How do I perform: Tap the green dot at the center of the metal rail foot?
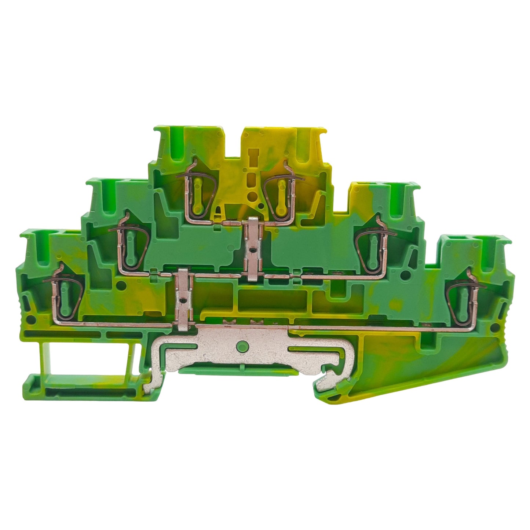[241, 345]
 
